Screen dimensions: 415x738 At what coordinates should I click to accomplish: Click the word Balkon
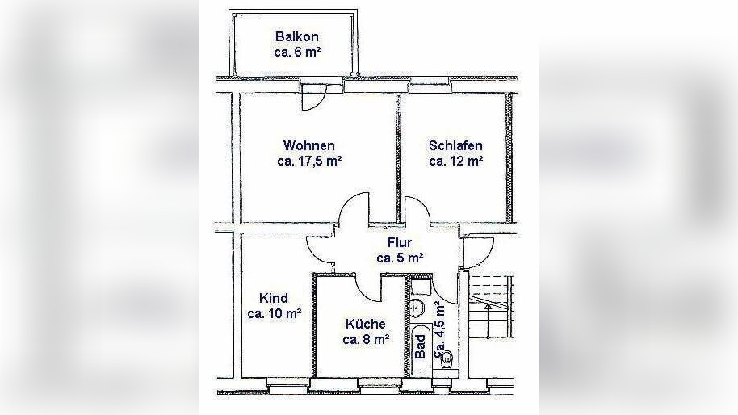click(x=297, y=37)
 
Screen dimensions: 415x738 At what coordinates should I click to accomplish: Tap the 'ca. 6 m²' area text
click(x=297, y=52)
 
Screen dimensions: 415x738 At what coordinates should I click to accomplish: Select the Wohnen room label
click(x=309, y=145)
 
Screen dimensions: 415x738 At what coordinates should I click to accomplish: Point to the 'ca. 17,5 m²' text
click(x=309, y=161)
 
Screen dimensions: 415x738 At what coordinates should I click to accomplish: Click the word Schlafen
click(x=456, y=145)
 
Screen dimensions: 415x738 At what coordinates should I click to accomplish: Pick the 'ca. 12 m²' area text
click(x=456, y=161)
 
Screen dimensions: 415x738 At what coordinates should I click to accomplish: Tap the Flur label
click(x=400, y=242)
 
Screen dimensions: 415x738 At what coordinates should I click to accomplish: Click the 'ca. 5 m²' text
click(x=400, y=258)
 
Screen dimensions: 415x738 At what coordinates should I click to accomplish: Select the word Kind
click(x=274, y=298)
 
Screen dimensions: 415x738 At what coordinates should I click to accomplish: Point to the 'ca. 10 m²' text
click(x=275, y=314)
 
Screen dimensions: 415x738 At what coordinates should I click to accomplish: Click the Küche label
click(x=366, y=324)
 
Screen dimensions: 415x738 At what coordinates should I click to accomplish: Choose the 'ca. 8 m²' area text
click(x=366, y=340)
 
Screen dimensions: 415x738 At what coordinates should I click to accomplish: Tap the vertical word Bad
click(x=420, y=346)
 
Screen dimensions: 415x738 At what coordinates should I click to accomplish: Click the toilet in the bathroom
click(x=447, y=358)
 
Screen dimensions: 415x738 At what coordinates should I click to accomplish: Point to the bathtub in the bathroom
click(x=421, y=350)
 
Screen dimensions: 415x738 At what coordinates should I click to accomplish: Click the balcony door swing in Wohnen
click(x=313, y=99)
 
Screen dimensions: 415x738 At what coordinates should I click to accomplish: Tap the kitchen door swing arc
click(x=371, y=283)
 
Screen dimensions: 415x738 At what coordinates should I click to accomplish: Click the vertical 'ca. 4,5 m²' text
click(x=440, y=329)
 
